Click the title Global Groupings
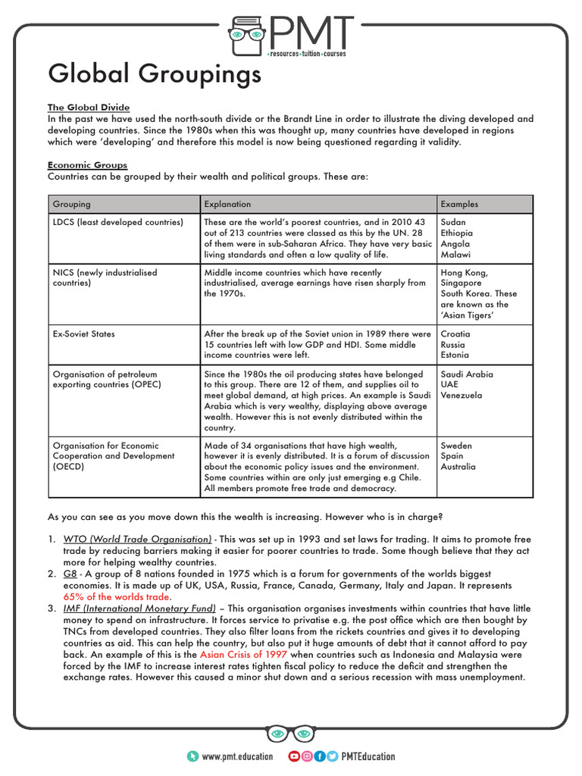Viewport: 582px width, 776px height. tap(155, 74)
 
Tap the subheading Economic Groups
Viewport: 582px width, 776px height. tap(87, 164)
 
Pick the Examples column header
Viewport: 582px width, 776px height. tap(459, 204)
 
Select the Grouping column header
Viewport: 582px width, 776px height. tap(71, 204)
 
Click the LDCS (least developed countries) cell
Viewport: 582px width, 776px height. tap(117, 222)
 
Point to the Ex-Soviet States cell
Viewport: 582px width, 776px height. tap(81, 333)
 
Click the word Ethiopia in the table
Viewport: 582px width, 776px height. tap(458, 233)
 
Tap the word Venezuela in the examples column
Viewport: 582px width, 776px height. tap(462, 396)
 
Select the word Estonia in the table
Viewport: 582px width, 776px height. tap(456, 355)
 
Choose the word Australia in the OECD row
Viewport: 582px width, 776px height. tap(458, 467)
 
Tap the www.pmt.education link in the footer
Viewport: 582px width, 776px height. tap(237, 756)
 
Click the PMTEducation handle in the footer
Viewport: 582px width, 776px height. tap(368, 756)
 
